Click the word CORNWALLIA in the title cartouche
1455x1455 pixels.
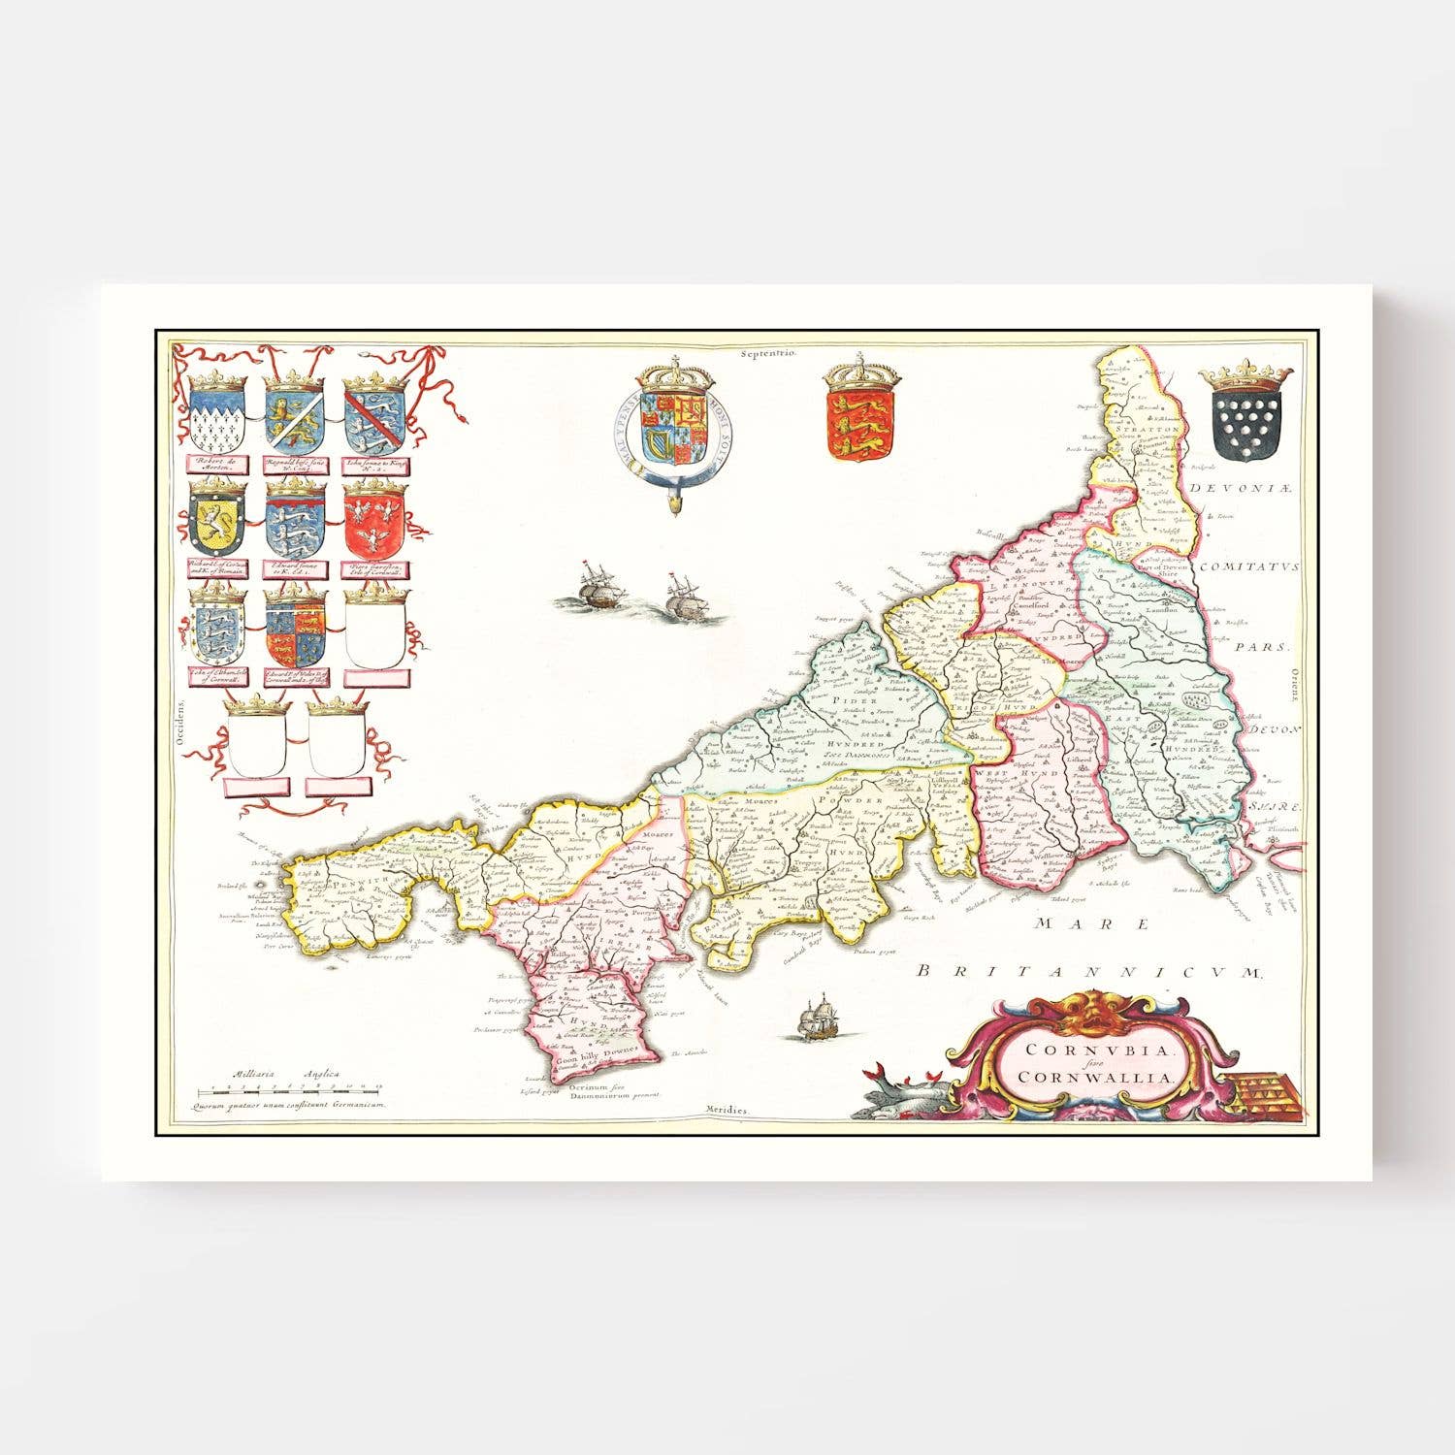click(1097, 1076)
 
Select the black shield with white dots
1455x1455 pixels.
click(1246, 423)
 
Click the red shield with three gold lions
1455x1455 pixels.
click(850, 423)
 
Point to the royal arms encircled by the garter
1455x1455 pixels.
click(675, 427)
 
